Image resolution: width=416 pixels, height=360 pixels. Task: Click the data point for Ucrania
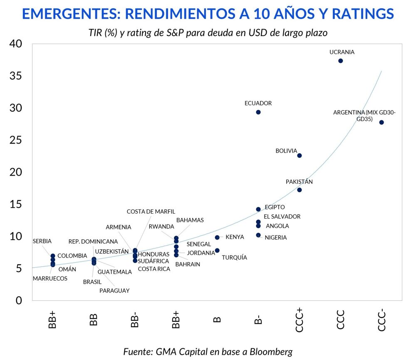pos(341,61)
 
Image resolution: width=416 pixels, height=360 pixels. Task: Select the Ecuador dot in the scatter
pos(258,112)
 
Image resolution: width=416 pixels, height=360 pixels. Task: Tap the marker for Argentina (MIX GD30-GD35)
pos(381,122)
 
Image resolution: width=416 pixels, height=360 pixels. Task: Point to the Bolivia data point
pos(300,156)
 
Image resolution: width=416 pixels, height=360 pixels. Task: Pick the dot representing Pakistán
pos(300,190)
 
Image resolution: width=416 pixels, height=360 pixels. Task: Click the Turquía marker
pos(217,251)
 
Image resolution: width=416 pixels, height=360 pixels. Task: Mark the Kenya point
pos(217,237)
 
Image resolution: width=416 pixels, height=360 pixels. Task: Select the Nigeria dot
pos(258,235)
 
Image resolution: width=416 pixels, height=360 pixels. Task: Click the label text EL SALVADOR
pos(282,216)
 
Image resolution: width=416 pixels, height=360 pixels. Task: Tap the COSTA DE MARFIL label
pos(151,211)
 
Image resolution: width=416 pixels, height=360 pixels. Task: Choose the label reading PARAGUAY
pos(114,290)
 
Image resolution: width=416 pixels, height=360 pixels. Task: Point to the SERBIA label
pos(42,241)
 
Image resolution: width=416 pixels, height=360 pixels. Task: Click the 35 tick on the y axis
pos(16,76)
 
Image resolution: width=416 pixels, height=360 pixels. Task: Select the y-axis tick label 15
pos(16,204)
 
